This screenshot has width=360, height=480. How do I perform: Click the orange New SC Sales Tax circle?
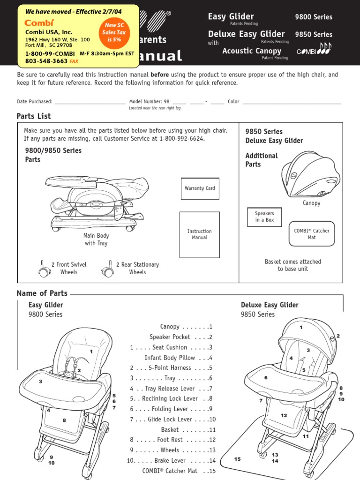tap(112, 33)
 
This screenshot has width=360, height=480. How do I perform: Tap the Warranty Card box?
tap(200, 188)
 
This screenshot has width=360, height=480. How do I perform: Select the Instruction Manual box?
tap(200, 234)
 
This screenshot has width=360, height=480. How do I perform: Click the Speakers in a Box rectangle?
tap(264, 217)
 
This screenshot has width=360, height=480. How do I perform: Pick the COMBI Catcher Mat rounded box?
tap(312, 234)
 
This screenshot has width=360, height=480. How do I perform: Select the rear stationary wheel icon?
tap(107, 269)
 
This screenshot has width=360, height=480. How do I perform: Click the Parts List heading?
tap(34, 116)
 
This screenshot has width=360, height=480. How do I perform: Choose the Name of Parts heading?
tap(42, 293)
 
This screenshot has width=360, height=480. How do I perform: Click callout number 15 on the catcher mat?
tap(237, 459)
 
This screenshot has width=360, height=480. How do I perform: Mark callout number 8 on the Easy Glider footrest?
tap(64, 420)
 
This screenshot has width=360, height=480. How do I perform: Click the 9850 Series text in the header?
tap(313, 35)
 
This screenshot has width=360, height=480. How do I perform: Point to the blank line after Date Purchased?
tap(90, 102)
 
